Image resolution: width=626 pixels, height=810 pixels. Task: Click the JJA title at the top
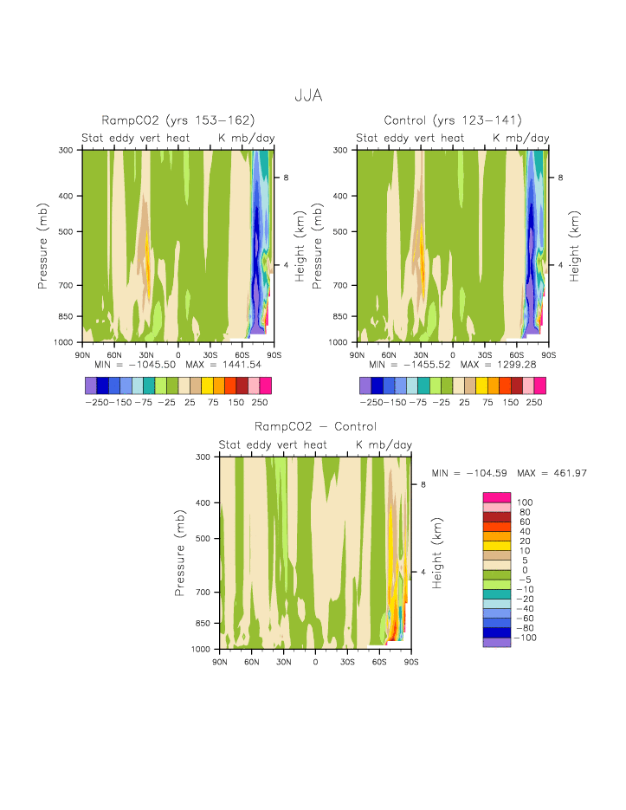[x=308, y=95]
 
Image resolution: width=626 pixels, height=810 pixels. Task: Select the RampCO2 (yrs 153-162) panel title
[x=178, y=120]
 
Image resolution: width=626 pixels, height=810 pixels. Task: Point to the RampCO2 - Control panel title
[x=315, y=426]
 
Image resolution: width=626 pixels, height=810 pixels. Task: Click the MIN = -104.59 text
[x=471, y=473]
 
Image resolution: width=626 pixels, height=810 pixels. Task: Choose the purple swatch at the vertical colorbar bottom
[x=497, y=642]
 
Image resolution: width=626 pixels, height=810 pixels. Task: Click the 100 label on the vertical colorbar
[x=525, y=502]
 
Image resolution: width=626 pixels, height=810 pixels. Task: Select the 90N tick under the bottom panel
[x=219, y=662]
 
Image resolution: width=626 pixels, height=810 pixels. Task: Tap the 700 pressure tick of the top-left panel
[x=68, y=285]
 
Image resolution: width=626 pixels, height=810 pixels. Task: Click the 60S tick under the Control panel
[x=516, y=355]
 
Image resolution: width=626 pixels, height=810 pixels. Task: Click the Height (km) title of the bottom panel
[x=438, y=553]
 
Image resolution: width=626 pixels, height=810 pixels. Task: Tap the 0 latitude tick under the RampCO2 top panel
[x=178, y=355]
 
